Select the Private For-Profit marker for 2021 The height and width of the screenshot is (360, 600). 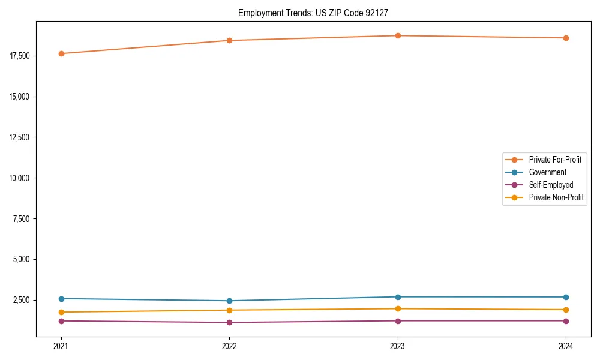click(x=61, y=53)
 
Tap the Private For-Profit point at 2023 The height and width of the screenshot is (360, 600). click(x=398, y=35)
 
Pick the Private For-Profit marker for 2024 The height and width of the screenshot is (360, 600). click(x=566, y=38)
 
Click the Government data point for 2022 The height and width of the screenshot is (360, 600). click(x=229, y=301)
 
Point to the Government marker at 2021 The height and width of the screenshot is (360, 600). click(x=61, y=298)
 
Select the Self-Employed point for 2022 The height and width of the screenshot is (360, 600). click(x=229, y=322)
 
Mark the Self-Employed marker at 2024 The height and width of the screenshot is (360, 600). click(x=566, y=320)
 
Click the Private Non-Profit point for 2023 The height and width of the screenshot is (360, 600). click(x=398, y=308)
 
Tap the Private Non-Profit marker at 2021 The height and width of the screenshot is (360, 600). click(x=61, y=312)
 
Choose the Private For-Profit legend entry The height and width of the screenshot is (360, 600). click(x=554, y=160)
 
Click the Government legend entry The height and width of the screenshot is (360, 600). click(x=547, y=172)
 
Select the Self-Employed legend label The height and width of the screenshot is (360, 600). click(x=551, y=185)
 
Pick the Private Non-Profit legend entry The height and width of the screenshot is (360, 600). click(x=556, y=197)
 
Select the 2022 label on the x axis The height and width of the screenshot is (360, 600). click(x=229, y=346)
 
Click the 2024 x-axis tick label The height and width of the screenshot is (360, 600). click(x=566, y=346)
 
